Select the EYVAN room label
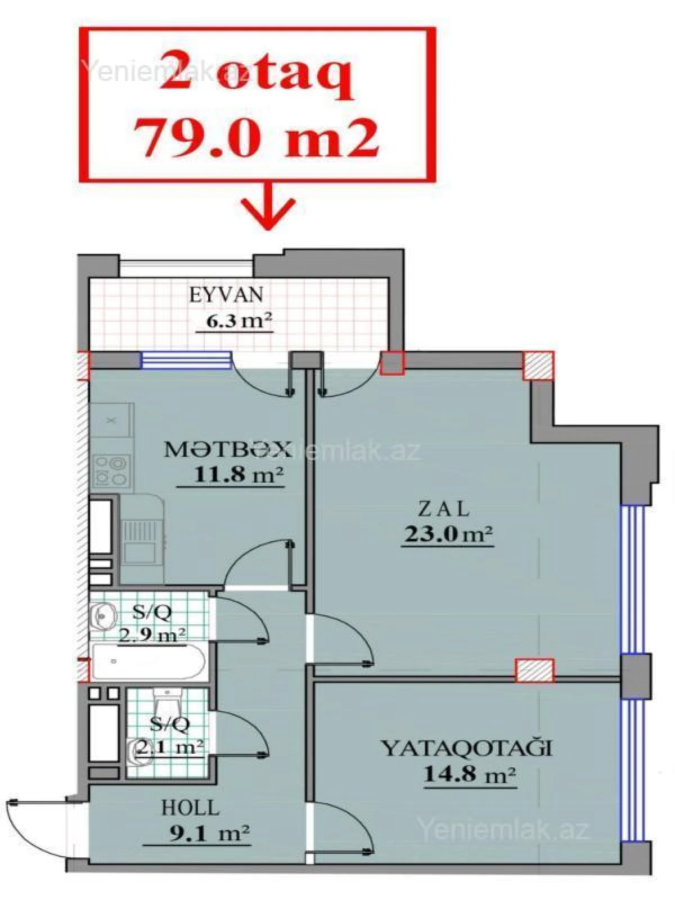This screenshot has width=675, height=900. coord(226,295)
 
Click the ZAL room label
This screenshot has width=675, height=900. coord(444,509)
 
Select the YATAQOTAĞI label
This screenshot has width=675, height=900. coord(466,748)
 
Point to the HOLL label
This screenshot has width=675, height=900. coord(190,808)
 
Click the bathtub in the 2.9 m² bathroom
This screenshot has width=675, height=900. coord(148,662)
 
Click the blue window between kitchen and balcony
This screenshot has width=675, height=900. coord(186,360)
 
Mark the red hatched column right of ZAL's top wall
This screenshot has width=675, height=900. coord(538,366)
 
